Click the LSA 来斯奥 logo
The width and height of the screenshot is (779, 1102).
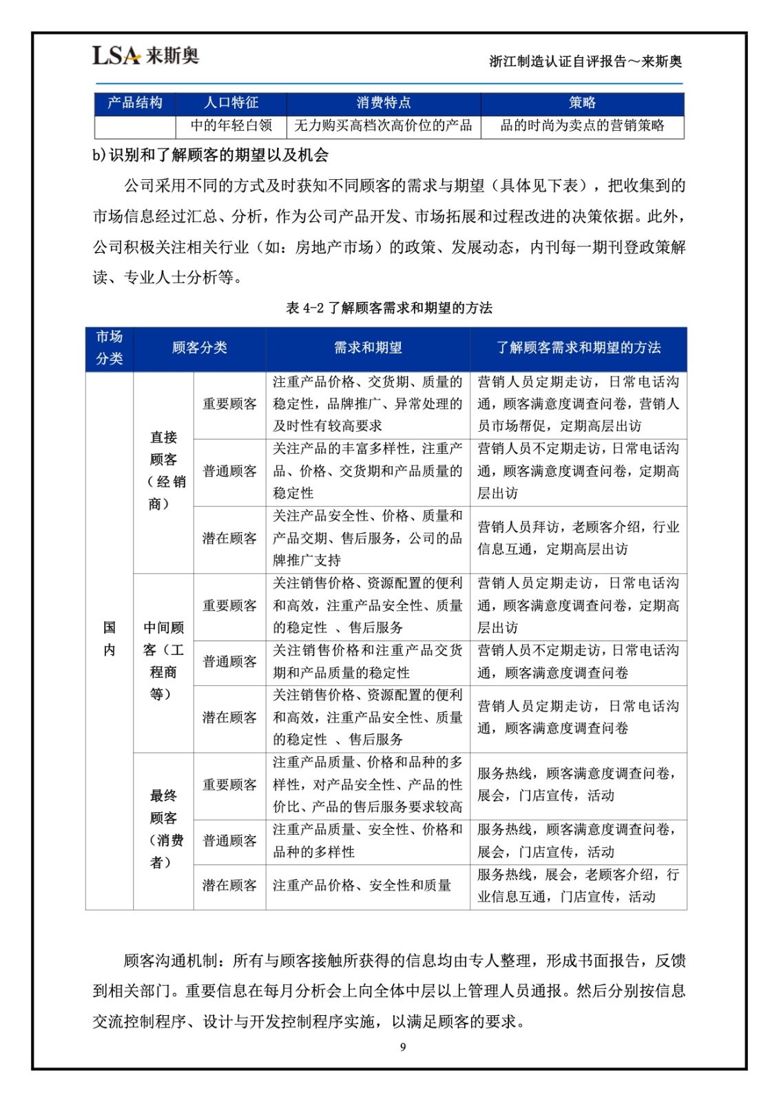click(x=145, y=56)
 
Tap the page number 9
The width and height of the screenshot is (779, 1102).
click(x=403, y=1047)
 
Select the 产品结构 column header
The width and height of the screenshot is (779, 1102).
click(x=135, y=103)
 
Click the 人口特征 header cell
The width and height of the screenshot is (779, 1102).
click(x=231, y=103)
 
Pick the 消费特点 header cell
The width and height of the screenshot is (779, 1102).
click(x=384, y=103)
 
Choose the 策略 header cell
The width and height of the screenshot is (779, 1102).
click(x=582, y=103)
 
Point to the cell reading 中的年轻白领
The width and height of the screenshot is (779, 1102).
click(x=231, y=126)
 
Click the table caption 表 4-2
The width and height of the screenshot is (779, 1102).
click(x=389, y=308)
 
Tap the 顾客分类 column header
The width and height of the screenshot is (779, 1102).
click(x=199, y=348)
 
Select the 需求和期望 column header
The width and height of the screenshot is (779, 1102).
click(x=368, y=348)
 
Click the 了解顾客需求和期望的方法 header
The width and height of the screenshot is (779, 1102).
click(x=579, y=348)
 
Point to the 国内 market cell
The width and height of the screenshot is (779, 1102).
click(x=110, y=638)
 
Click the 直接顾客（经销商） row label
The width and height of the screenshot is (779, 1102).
click(x=163, y=470)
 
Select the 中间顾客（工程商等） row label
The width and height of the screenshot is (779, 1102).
click(x=163, y=661)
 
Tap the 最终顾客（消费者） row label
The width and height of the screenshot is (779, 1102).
click(x=163, y=829)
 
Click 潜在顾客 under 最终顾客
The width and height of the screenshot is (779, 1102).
click(x=229, y=886)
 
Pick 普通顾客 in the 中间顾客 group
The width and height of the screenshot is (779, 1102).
click(x=229, y=662)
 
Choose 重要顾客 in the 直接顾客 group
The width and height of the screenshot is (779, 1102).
click(x=229, y=404)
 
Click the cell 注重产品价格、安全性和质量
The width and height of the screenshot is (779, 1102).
click(x=362, y=886)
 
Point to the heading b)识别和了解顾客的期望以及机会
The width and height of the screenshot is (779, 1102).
click(x=211, y=156)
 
